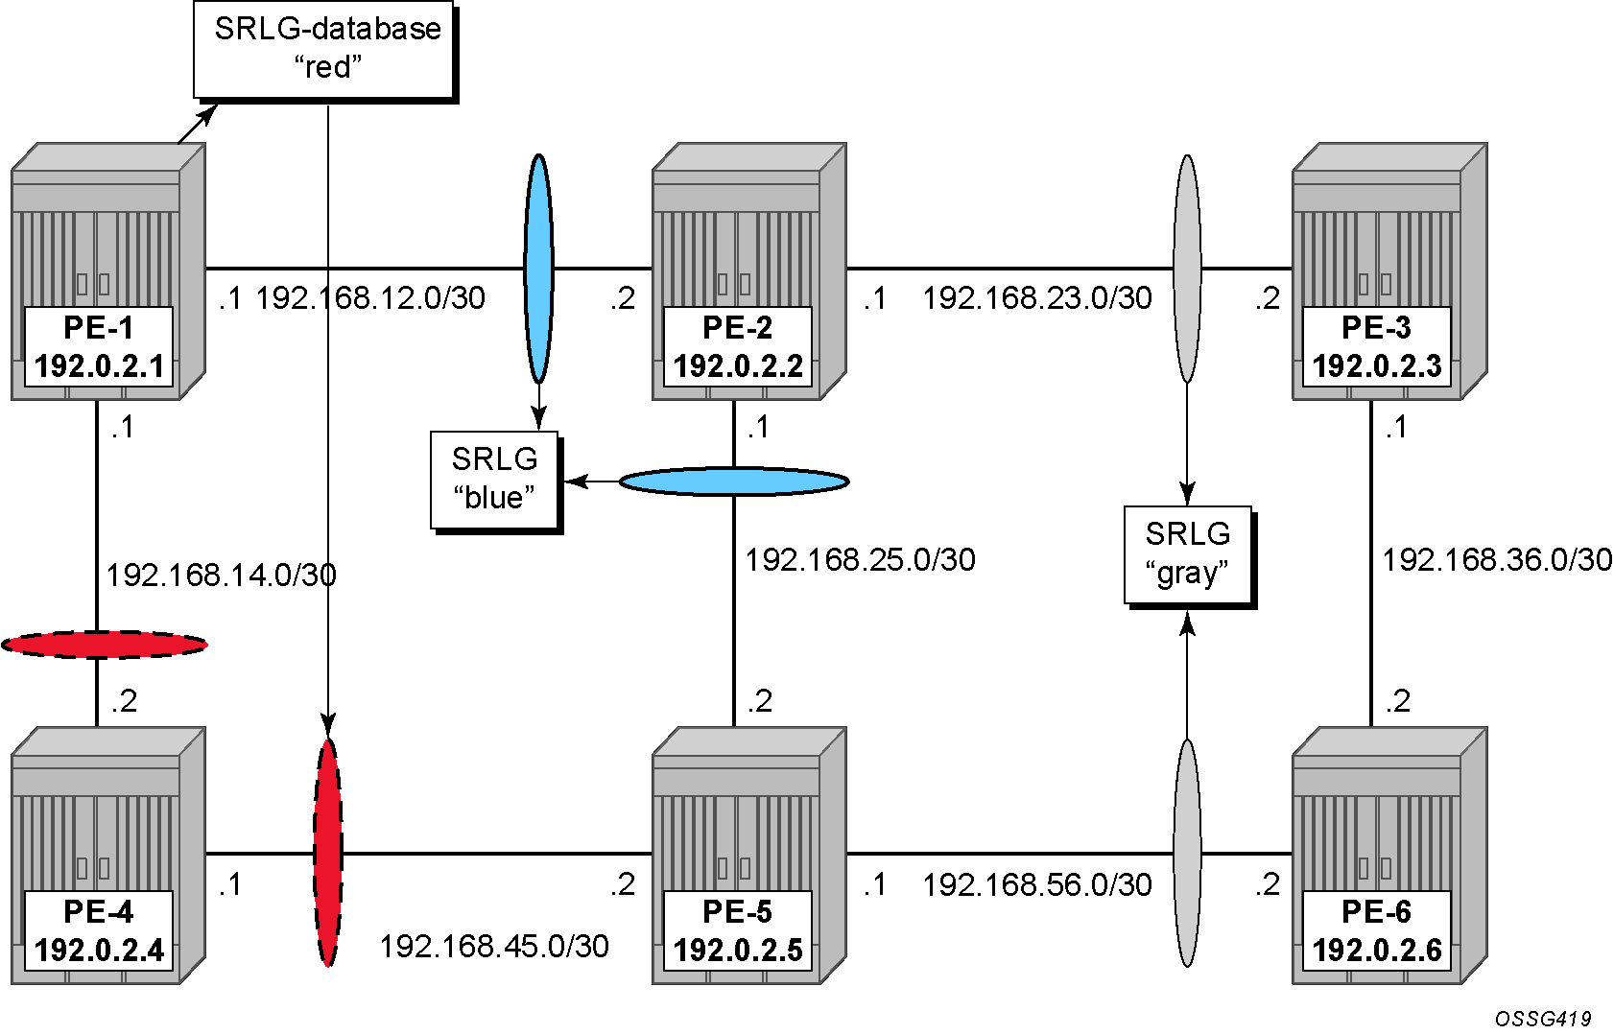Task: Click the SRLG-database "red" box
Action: click(x=324, y=51)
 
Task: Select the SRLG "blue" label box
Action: click(x=495, y=481)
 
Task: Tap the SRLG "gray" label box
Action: click(x=1189, y=556)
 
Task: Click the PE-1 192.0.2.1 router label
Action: click(x=99, y=346)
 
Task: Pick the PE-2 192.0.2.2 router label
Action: click(x=738, y=346)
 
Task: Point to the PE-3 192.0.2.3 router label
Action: click(x=1377, y=346)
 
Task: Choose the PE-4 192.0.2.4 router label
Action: click(x=99, y=931)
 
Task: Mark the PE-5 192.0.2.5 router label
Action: click(x=738, y=931)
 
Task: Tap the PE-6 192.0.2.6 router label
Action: click(x=1377, y=931)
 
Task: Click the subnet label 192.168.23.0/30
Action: click(x=1037, y=298)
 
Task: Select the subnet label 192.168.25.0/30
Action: click(x=861, y=559)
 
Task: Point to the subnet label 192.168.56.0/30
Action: click(x=1037, y=885)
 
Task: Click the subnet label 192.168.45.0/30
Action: click(x=494, y=946)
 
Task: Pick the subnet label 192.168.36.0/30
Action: click(x=1497, y=559)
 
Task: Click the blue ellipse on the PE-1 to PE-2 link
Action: click(x=538, y=268)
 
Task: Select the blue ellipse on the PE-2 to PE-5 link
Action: click(x=734, y=482)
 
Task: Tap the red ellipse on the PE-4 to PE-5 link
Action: click(x=328, y=853)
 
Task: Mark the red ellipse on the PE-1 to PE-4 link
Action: click(x=105, y=645)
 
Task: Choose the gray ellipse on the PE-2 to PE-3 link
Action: click(x=1187, y=268)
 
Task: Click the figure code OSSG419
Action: click(x=1543, y=1019)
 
